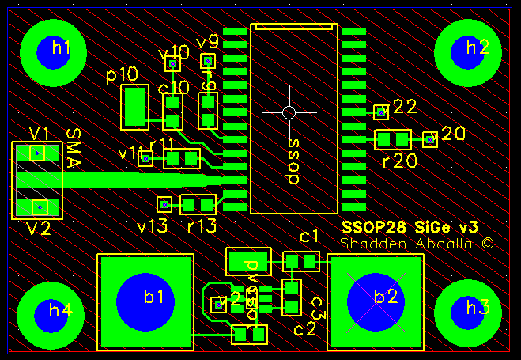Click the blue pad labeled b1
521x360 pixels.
[x=145, y=301]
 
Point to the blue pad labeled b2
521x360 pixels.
[x=376, y=301]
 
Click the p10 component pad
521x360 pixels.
[x=134, y=108]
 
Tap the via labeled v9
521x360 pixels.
[x=208, y=60]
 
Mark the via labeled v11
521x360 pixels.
[x=145, y=159]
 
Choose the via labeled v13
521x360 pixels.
[x=164, y=204]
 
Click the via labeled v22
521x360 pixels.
[x=381, y=113]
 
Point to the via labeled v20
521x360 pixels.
[x=430, y=139]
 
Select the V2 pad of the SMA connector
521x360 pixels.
[x=37, y=207]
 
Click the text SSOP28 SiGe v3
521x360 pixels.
[x=409, y=226]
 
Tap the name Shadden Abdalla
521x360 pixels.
[x=417, y=244]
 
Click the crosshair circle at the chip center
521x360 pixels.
[x=289, y=112]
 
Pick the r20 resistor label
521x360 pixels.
[x=398, y=161]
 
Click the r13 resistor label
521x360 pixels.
[x=202, y=225]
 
